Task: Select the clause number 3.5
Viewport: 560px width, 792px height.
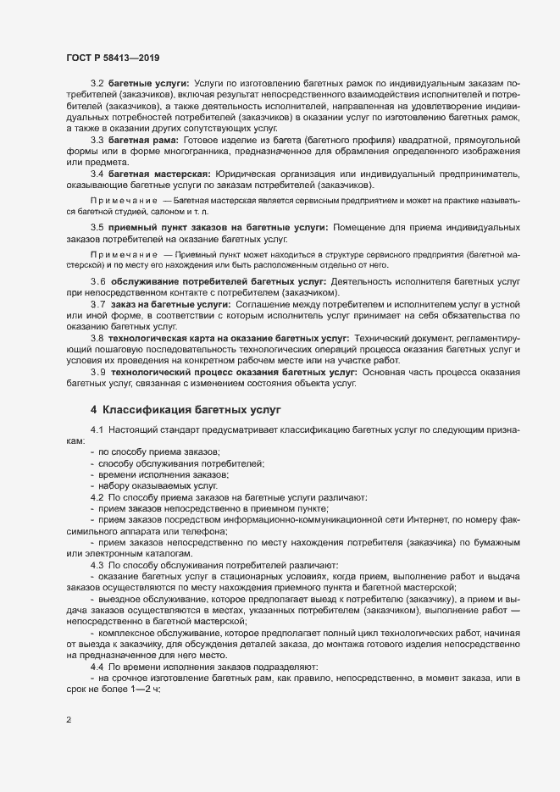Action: tap(97, 228)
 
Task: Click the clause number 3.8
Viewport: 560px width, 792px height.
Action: tap(97, 337)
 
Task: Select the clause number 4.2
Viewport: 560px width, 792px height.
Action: tap(97, 497)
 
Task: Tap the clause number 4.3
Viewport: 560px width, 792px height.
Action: tap(97, 564)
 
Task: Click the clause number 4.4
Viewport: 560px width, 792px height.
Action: tap(97, 643)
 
